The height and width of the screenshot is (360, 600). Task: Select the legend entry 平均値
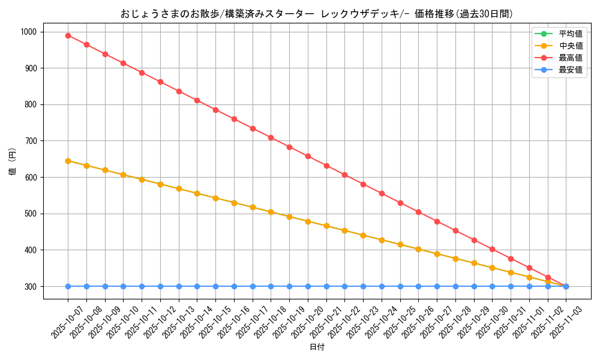click(570, 34)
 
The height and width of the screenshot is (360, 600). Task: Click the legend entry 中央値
click(570, 46)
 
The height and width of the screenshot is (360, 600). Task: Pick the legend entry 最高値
click(570, 58)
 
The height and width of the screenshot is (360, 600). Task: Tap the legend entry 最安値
click(570, 70)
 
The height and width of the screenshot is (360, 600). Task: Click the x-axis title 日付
click(317, 347)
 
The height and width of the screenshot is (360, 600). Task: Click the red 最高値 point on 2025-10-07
click(68, 35)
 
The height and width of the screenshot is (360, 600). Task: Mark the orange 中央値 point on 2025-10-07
click(68, 161)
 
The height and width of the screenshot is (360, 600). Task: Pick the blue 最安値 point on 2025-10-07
click(68, 286)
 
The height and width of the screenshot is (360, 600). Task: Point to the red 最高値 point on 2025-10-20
click(308, 156)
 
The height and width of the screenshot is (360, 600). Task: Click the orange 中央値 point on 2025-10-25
click(400, 245)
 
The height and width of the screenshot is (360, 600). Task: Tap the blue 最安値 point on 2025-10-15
click(215, 286)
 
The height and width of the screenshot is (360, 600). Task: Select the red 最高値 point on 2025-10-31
click(511, 259)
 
